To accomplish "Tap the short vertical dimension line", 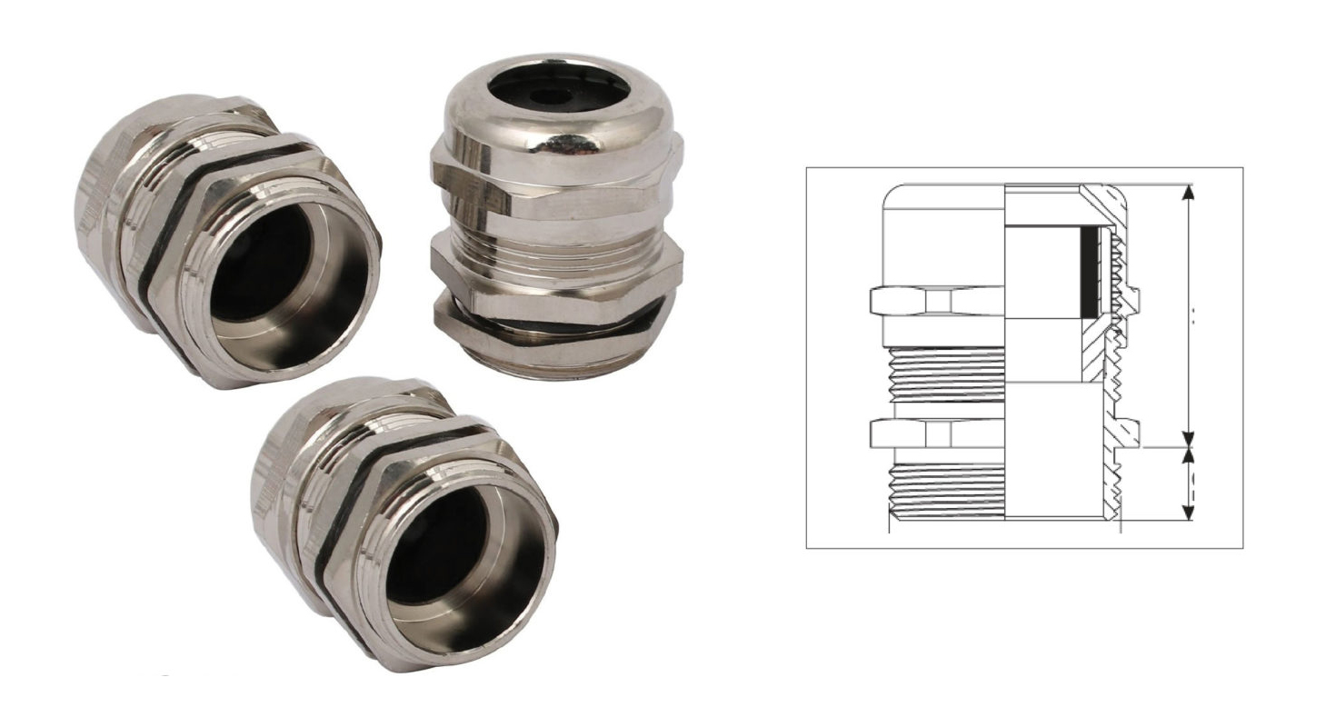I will pyautogui.click(x=1190, y=484).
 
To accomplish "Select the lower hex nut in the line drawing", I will pyautogui.click(x=936, y=433).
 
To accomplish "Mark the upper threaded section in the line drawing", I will pyautogui.click(x=945, y=373).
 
